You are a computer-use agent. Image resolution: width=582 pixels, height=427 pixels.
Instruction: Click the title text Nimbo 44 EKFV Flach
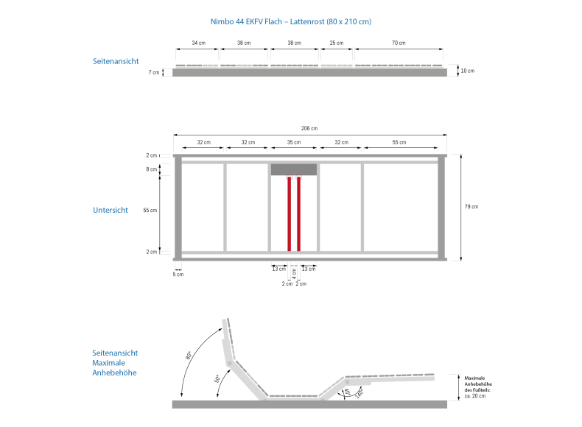[x=247, y=21]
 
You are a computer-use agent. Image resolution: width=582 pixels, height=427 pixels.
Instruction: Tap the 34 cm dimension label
[x=199, y=43]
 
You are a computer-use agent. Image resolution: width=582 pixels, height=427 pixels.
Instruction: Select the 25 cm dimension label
[x=337, y=43]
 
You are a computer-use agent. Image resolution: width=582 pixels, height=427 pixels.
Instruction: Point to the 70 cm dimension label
[x=399, y=43]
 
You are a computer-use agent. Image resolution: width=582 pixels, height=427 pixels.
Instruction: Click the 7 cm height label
[x=154, y=72]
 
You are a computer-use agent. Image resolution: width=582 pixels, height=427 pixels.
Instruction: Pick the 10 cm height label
[x=468, y=71]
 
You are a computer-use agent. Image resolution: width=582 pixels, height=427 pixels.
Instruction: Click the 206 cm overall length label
[x=309, y=128]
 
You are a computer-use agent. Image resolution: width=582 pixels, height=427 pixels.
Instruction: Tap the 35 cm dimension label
[x=294, y=142]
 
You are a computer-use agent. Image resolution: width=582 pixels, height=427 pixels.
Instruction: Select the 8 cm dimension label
[x=152, y=169]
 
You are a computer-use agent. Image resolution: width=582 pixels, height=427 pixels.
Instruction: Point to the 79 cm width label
[x=471, y=207]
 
